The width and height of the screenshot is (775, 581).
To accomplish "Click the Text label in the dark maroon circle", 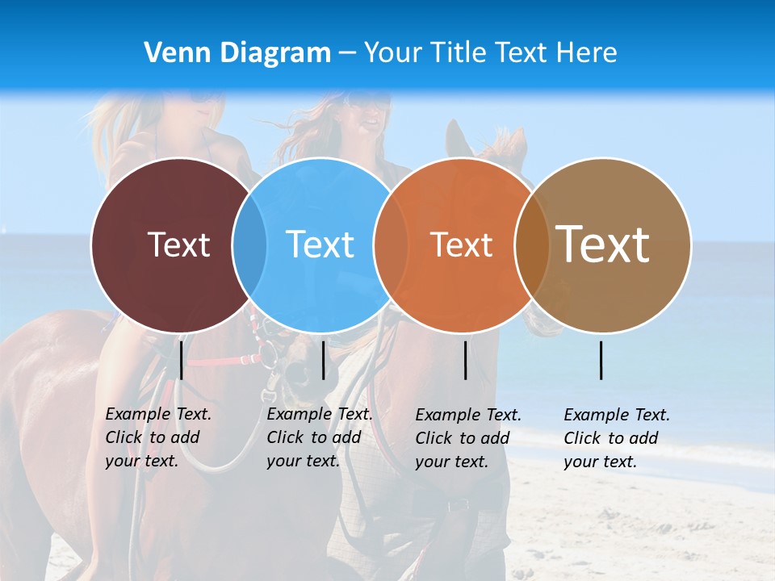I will [178, 245].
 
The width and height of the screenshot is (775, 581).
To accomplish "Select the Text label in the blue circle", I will [320, 245].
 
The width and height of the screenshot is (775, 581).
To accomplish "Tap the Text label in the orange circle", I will [461, 245].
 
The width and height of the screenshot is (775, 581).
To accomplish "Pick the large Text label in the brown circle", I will [603, 245].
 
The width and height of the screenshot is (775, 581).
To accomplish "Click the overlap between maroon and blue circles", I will [249, 245].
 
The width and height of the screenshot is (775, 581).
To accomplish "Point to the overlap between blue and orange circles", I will [391, 245].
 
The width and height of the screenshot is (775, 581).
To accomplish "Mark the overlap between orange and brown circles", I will [531, 245].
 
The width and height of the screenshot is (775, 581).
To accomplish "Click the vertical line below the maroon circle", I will [182, 360].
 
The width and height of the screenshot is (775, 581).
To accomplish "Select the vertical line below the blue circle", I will [324, 360].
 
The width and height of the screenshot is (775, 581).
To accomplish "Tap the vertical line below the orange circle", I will [466, 360].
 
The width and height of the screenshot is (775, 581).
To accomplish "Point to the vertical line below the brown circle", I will [601, 360].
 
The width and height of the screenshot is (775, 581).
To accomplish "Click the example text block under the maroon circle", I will [157, 437].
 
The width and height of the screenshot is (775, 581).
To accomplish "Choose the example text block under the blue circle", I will [319, 437].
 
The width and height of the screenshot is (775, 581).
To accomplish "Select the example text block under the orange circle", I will [467, 438].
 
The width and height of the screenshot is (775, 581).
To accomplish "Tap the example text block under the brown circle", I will [616, 438].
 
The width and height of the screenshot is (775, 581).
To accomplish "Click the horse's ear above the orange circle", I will [457, 137].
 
